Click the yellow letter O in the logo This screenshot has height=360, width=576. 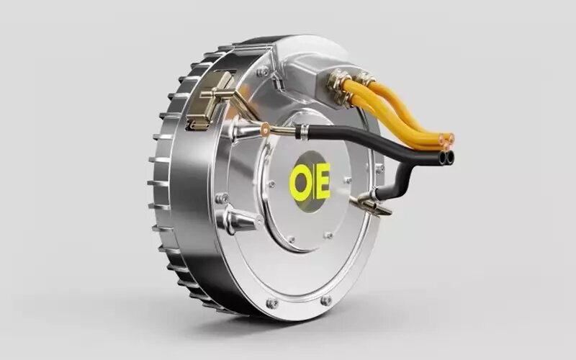(x=300, y=182)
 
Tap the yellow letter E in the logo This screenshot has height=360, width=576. (x=323, y=181)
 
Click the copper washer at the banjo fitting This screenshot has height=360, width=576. (x=264, y=129)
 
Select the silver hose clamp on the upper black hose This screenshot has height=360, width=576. (x=302, y=132)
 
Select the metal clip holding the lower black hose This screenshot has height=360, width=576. (x=371, y=203)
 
